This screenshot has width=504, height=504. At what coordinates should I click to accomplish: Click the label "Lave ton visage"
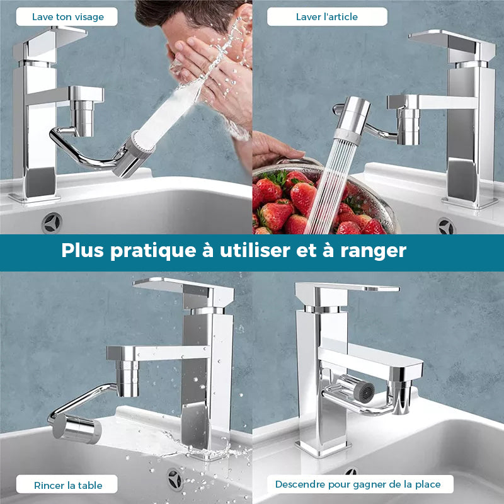tap(68, 17)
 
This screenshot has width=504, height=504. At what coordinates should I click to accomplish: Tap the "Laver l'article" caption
tap(326, 17)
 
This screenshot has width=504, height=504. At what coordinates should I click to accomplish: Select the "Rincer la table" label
tap(68, 485)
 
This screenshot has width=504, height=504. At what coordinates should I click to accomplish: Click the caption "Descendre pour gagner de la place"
tap(358, 484)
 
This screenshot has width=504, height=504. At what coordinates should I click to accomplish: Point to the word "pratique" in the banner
tap(153, 251)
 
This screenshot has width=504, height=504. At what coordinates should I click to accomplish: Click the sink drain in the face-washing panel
tap(52, 223)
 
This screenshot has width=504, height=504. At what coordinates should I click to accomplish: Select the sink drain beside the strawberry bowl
tap(446, 226)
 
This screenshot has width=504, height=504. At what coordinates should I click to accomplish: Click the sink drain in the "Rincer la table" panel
tap(175, 479)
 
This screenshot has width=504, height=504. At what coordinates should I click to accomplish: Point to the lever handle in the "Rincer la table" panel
tap(184, 290)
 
